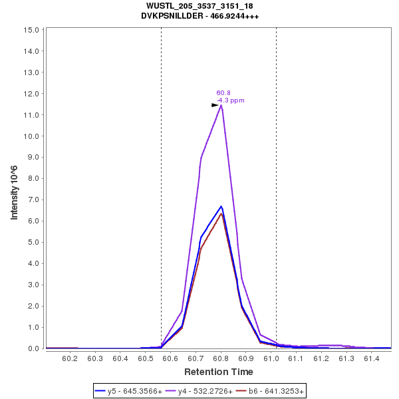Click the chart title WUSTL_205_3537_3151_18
pyautogui.click(x=199, y=6)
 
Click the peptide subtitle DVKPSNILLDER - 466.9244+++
pyautogui.click(x=199, y=15)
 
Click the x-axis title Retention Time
pyautogui.click(x=219, y=371)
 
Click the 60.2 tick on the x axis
pyautogui.click(x=70, y=358)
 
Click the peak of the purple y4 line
pyautogui.click(x=221, y=105)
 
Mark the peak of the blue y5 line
pyautogui.click(x=221, y=206)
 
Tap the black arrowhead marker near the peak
pyautogui.click(x=215, y=105)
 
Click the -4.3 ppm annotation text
pyautogui.click(x=231, y=100)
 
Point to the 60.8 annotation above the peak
pyautogui.click(x=223, y=93)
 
